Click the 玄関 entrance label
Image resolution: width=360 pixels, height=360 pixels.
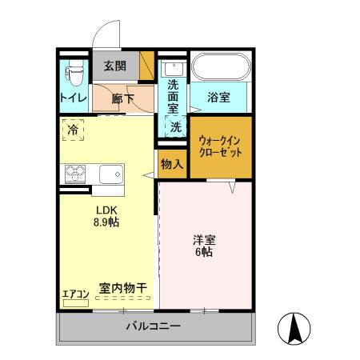coord(114,66)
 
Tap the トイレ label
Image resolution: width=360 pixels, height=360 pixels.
coord(73,98)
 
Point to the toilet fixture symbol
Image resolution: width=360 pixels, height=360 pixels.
coord(75,74)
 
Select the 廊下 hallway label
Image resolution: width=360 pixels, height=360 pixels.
coord(122,98)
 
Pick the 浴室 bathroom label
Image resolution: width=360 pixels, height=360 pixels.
coord(218,98)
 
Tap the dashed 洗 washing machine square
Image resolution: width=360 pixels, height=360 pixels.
coord(175,126)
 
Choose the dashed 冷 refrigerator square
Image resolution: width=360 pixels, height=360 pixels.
coord(74,129)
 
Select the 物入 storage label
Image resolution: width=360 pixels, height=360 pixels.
coord(172,164)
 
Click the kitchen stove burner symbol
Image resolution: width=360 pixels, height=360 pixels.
coord(76,172)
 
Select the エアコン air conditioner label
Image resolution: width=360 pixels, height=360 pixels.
coord(75,294)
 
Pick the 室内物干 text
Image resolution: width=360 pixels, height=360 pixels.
coord(123,287)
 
